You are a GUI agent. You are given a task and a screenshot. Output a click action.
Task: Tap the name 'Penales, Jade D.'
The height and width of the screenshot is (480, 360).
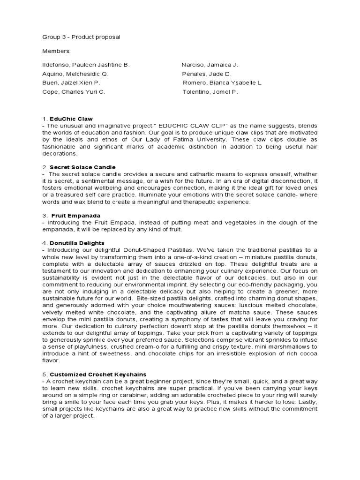click(207, 74)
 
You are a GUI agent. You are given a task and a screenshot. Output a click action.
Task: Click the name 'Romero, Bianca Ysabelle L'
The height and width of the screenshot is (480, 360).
click(222, 83)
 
